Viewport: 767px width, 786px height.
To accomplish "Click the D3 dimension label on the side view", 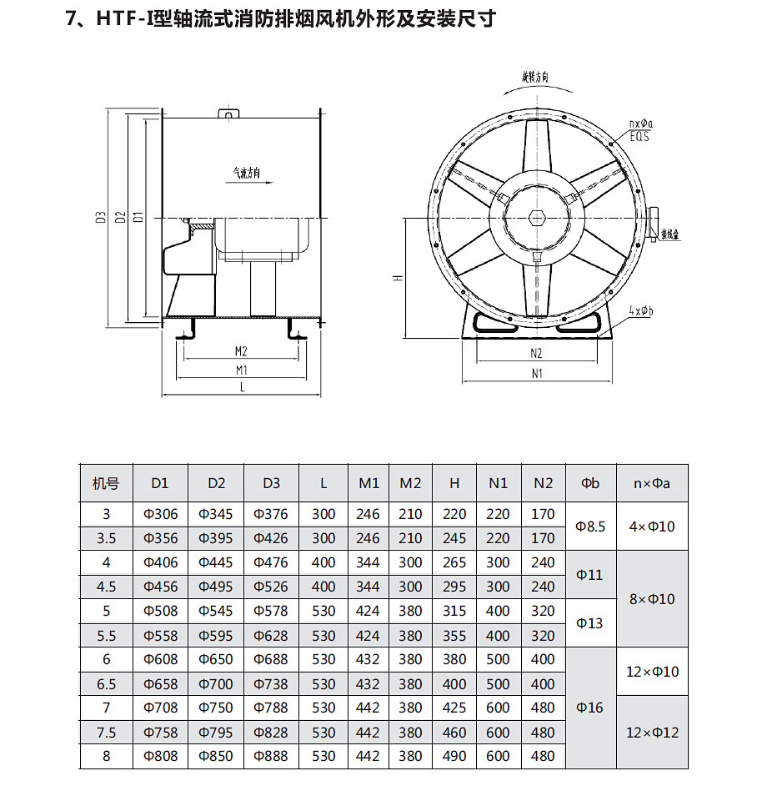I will coord(99,218).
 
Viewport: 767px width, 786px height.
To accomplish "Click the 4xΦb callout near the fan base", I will coord(642,311).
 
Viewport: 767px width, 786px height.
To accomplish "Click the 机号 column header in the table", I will coord(106,483).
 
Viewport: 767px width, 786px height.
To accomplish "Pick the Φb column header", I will coord(590,483).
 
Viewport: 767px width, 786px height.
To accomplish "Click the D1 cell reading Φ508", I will coord(160,611).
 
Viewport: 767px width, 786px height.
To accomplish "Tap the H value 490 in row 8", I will coord(454,756).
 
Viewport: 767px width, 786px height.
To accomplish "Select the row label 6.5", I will coord(106,683).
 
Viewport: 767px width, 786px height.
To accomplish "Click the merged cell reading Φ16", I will coord(590,708).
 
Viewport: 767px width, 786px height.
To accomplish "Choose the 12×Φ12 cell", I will coord(653,732).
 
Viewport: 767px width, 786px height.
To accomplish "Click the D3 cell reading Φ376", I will coord(271,514).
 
